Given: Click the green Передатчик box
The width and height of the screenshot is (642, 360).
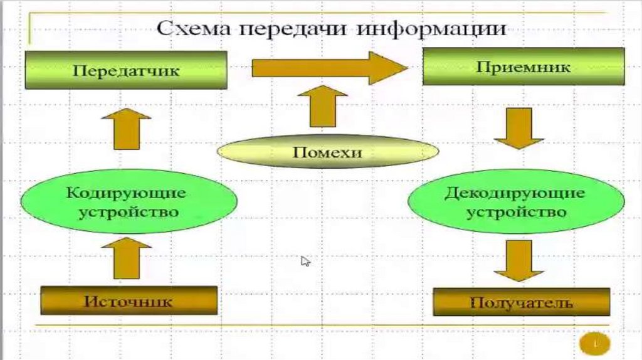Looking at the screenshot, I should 126,70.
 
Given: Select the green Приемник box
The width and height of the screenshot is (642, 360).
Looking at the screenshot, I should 524,66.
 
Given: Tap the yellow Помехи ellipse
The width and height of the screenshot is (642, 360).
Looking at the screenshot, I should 328,152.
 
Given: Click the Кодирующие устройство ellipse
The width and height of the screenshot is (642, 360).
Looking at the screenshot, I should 129,201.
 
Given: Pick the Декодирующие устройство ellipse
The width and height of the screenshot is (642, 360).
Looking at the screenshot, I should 515,201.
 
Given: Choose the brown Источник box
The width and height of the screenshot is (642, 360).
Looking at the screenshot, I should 129,300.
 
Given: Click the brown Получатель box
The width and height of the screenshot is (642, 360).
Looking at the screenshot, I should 521,303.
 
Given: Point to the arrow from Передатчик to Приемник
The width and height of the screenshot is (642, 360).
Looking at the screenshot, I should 330,68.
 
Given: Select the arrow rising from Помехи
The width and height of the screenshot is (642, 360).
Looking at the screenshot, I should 322,106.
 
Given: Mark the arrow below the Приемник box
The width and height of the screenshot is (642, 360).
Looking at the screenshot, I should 518,128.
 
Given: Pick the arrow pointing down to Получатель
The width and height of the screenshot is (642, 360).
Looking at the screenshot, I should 518,259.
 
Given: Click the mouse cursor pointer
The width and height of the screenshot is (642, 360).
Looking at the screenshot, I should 305,261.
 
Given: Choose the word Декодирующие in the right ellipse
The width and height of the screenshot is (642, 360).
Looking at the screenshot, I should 515,193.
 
